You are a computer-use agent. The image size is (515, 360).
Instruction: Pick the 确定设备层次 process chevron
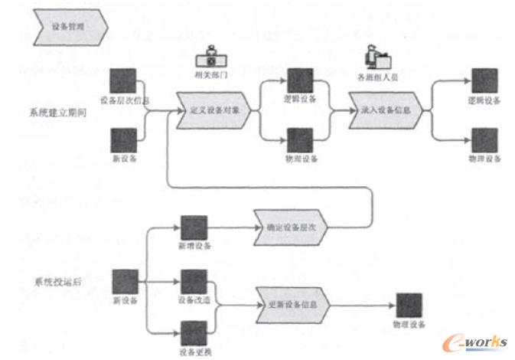click(x=291, y=228)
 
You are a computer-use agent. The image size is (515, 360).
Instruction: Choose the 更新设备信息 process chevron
click(x=292, y=303)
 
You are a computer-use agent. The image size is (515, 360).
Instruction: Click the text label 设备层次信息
click(x=124, y=100)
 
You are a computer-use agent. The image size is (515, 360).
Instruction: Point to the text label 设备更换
click(x=192, y=352)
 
